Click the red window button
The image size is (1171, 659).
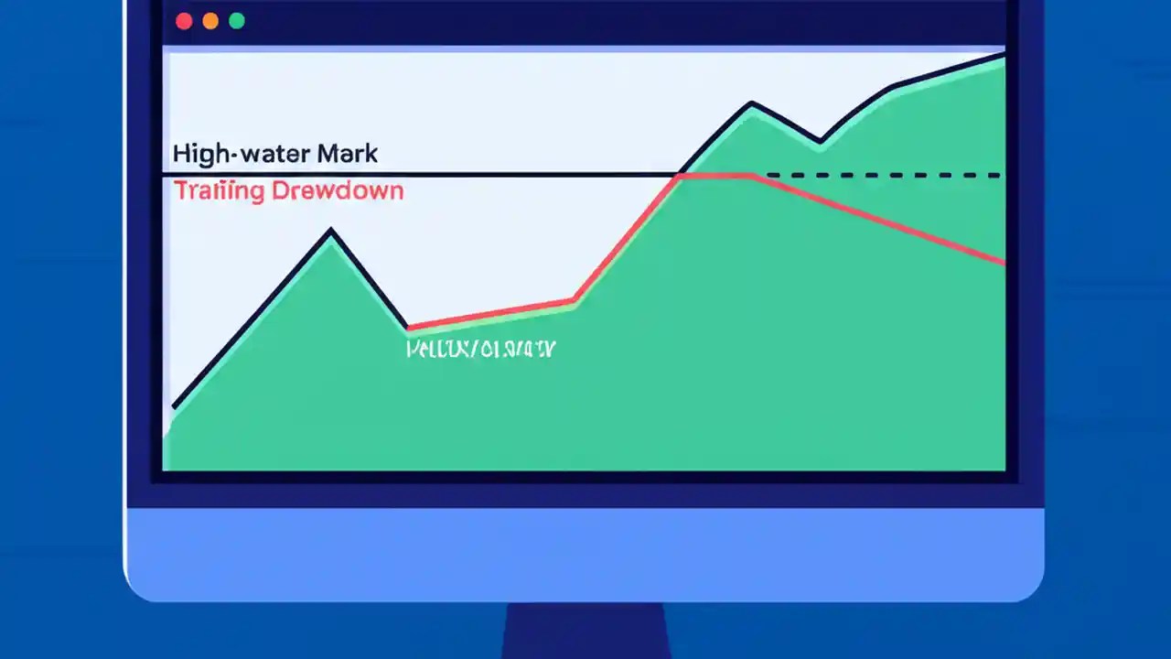(x=184, y=21)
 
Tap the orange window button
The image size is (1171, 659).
(x=210, y=21)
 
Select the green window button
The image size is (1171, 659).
(x=237, y=21)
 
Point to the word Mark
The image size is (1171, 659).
(x=347, y=153)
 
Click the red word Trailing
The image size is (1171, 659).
(x=219, y=191)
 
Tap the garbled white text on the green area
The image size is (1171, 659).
(x=480, y=349)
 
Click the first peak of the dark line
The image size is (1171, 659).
(x=331, y=231)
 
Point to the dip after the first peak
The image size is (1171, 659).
(x=408, y=327)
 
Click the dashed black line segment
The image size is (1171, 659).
(x=883, y=174)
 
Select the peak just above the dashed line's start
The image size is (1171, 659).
(x=752, y=103)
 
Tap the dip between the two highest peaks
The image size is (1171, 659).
(x=820, y=143)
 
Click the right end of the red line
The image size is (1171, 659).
(x=1004, y=263)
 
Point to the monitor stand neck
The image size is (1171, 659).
(x=585, y=632)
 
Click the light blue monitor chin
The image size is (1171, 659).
(x=585, y=554)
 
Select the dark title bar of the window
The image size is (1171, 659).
(x=585, y=21)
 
